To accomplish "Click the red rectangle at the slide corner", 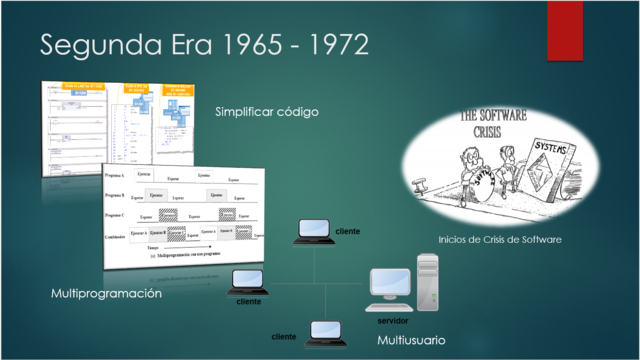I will (x=564, y=29).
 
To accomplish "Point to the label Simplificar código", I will (x=266, y=112).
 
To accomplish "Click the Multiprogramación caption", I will (x=106, y=294).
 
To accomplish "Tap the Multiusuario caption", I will (x=411, y=341).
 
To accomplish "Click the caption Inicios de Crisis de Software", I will (x=500, y=240).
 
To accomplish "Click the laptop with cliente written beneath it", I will (x=243, y=281).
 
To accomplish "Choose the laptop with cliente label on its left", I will (x=323, y=330).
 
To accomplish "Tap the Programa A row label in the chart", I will (x=115, y=176).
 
